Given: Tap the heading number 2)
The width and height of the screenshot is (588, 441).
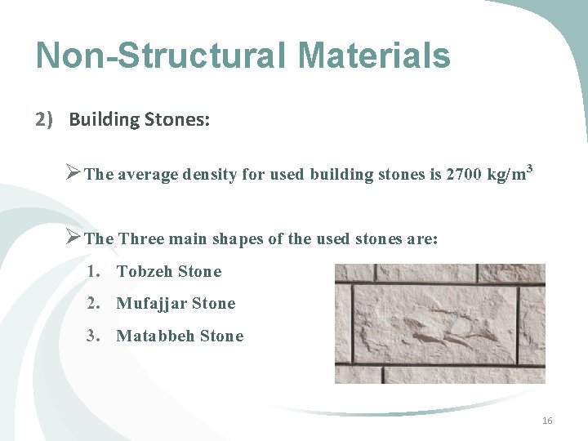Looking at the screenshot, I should click(44, 120).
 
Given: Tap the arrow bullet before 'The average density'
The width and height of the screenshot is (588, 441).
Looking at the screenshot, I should click(72, 173).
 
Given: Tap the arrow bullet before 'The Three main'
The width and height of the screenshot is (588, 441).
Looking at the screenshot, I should click(72, 238).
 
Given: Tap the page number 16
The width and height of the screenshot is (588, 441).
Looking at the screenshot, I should click(547, 421).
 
